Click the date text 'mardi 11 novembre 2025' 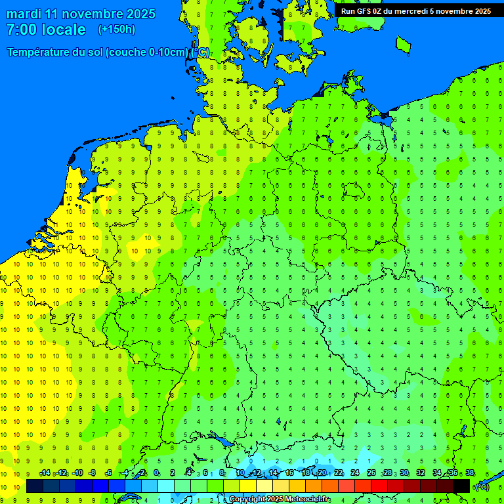[81, 14]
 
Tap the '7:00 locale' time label [46, 30]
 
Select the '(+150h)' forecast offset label [116, 30]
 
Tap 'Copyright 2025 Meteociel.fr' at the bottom [280, 499]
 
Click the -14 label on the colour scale [44, 473]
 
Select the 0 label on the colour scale [156, 473]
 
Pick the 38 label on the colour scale [470, 473]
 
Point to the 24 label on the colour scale [355, 473]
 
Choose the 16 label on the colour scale [289, 473]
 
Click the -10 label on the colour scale [77, 473]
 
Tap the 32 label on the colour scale [421, 473]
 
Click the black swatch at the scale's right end [461, 486]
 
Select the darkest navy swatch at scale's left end [35, 486]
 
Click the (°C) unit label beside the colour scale [482, 487]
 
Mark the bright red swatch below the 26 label [379, 486]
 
